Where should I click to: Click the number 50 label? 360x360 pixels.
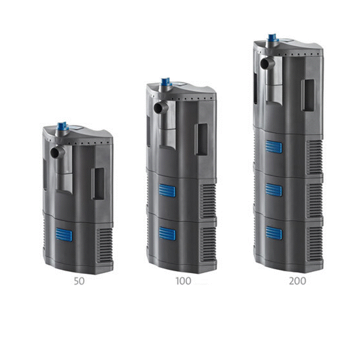point(79,281)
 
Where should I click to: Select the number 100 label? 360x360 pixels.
point(183,281)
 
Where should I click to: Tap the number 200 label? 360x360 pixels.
point(297,281)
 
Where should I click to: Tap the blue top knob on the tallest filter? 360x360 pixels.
point(273,37)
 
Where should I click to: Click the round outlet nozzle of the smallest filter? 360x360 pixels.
point(54,152)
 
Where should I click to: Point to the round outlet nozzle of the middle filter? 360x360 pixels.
point(158,108)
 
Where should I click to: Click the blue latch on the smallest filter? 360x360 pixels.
point(64,235)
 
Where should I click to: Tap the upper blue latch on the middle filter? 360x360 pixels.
point(167,191)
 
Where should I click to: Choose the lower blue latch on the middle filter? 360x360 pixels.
point(167,233)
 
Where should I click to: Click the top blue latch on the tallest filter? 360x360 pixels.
point(273,147)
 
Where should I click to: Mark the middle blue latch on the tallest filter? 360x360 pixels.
point(273,190)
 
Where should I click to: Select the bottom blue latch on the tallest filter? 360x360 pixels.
point(273,233)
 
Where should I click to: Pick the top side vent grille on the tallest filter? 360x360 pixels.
point(315,157)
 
